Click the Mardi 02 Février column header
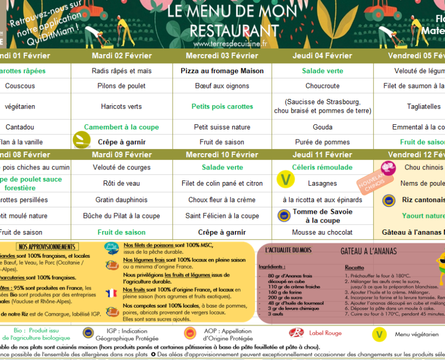pos(121,56)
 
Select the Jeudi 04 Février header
pos(322,56)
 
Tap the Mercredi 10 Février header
pos(222,155)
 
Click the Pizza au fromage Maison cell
pos(222,71)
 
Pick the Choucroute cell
pos(322,86)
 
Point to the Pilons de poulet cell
pos(121,86)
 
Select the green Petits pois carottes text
pos(222,106)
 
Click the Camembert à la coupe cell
pos(121,127)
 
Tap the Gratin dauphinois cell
pos(121,200)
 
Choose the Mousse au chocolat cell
pos(322,232)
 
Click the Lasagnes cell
pos(322,184)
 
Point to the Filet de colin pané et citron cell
pos(222,184)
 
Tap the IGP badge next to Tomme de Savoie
pos(284,215)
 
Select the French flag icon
pos(112,293)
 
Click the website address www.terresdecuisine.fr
pos(230,44)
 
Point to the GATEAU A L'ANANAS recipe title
pos(369,252)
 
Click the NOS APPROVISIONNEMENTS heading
pos(46,246)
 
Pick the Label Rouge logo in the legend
pos(296,333)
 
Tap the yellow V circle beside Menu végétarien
pos(379,334)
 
